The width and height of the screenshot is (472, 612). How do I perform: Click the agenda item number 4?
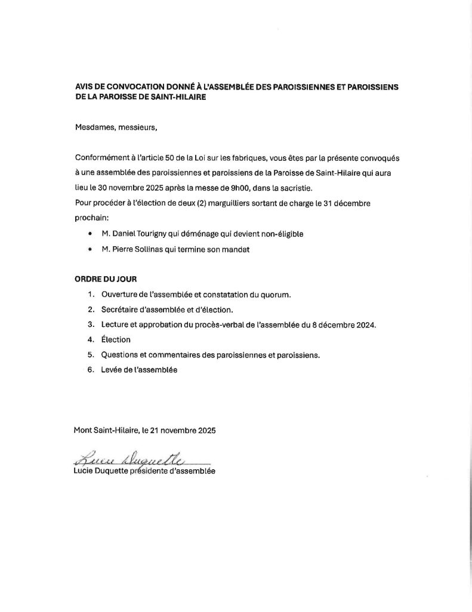90,340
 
